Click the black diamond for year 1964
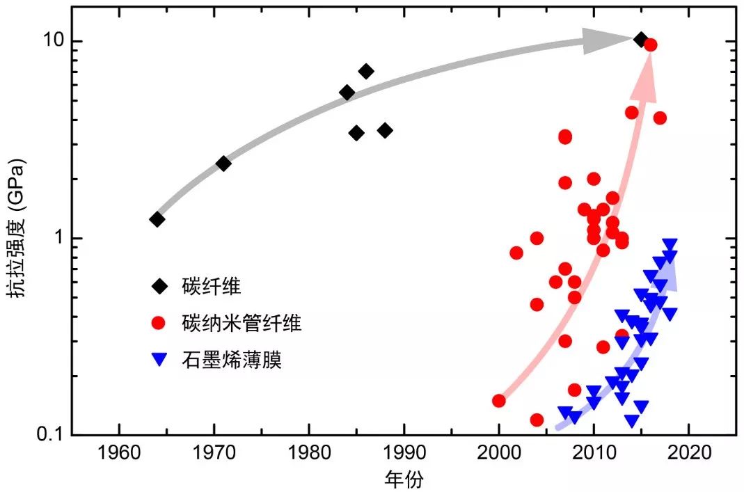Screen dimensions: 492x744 point(157,219)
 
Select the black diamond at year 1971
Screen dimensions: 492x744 point(223,164)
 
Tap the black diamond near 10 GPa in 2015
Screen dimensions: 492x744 point(641,39)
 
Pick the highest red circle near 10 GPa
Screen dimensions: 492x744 point(651,45)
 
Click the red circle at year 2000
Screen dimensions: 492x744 point(498,400)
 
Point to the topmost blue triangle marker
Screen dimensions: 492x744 point(670,245)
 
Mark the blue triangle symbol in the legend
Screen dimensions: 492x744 point(159,360)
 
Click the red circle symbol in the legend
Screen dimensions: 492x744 point(159,323)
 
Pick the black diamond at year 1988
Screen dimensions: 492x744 point(385,130)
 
